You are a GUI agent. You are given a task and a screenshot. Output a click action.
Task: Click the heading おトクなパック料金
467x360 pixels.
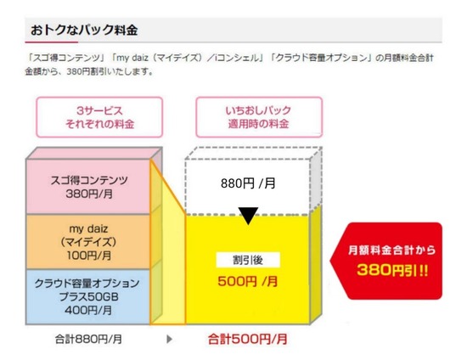pos(84,30)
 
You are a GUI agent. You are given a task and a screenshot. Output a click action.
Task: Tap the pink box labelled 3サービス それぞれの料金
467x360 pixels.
pos(99,117)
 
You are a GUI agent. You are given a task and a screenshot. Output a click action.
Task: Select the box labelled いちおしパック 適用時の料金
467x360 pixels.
pos(259,117)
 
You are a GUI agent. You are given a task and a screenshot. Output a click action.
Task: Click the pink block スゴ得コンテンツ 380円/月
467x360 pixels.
pos(88,187)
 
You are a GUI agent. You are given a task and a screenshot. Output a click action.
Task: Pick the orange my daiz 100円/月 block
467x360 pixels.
pos(88,242)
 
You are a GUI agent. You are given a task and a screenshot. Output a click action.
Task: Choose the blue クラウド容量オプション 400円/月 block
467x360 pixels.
pos(88,296)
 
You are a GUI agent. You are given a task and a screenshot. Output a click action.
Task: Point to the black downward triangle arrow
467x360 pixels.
pos(248,216)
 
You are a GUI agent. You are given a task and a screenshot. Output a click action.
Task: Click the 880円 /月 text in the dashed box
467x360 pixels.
pos(248,183)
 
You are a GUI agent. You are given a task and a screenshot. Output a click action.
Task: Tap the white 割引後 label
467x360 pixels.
pos(248,261)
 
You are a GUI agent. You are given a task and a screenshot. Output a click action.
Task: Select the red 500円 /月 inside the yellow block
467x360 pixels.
pos(248,281)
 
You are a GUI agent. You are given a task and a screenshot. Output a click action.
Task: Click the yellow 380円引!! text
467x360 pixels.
pos(392,270)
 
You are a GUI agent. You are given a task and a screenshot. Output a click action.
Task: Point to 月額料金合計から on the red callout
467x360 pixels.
pos(392,250)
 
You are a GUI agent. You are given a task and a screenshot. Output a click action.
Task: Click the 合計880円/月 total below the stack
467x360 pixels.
pos(88,339)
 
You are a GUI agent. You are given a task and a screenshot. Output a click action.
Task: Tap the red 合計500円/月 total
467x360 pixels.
pos(248,339)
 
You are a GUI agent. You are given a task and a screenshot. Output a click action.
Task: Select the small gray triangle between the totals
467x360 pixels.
pos(169,339)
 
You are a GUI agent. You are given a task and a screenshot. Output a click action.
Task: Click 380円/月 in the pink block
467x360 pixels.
pos(89,194)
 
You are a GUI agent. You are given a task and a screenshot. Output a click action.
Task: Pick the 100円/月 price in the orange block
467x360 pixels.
pos(89,256)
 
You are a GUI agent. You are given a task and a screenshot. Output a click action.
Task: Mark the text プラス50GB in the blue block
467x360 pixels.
pos(88,296)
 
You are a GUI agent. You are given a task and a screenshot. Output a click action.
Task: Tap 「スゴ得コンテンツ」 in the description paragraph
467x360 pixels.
pos(65,58)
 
